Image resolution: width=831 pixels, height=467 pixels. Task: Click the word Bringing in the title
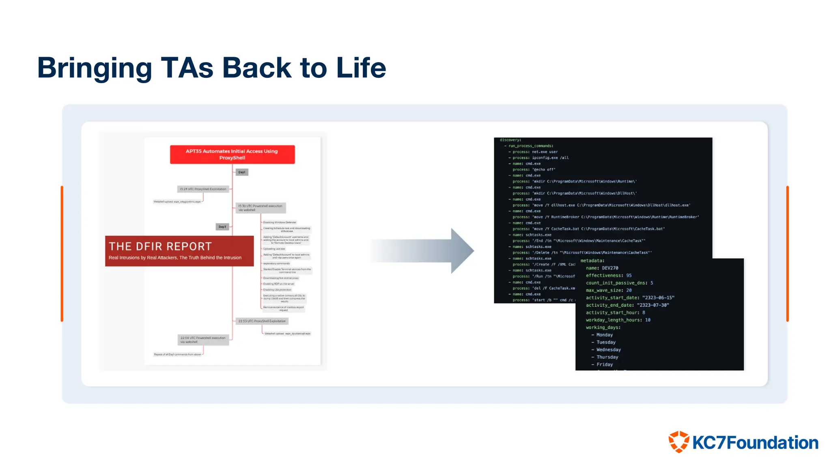pos(94,68)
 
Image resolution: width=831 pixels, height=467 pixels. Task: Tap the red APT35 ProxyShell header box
pos(232,154)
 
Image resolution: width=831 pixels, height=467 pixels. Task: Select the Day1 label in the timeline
pos(242,172)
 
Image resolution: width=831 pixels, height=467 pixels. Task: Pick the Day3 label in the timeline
pos(222,227)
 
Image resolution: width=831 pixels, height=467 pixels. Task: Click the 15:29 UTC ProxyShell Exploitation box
pos(203,189)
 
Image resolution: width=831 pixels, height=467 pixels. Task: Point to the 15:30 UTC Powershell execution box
pos(260,208)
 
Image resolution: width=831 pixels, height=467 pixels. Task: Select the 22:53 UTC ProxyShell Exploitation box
pos(262,321)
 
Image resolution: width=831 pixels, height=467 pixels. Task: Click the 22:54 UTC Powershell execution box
pos(203,340)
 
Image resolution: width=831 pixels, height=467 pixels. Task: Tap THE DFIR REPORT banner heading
pos(160,246)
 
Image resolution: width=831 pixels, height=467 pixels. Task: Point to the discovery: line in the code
pos(510,140)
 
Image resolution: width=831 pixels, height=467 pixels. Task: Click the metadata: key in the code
pos(592,261)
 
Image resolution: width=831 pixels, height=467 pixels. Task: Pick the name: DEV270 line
pos(602,268)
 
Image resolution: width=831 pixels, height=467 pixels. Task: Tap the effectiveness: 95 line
pos(609,275)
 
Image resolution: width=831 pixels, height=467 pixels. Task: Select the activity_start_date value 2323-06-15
pos(658,298)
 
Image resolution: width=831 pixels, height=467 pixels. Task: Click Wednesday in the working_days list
pos(608,349)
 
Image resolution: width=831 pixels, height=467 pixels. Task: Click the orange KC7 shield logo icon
pos(679,442)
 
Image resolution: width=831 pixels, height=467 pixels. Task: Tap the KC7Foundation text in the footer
pos(755,443)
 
